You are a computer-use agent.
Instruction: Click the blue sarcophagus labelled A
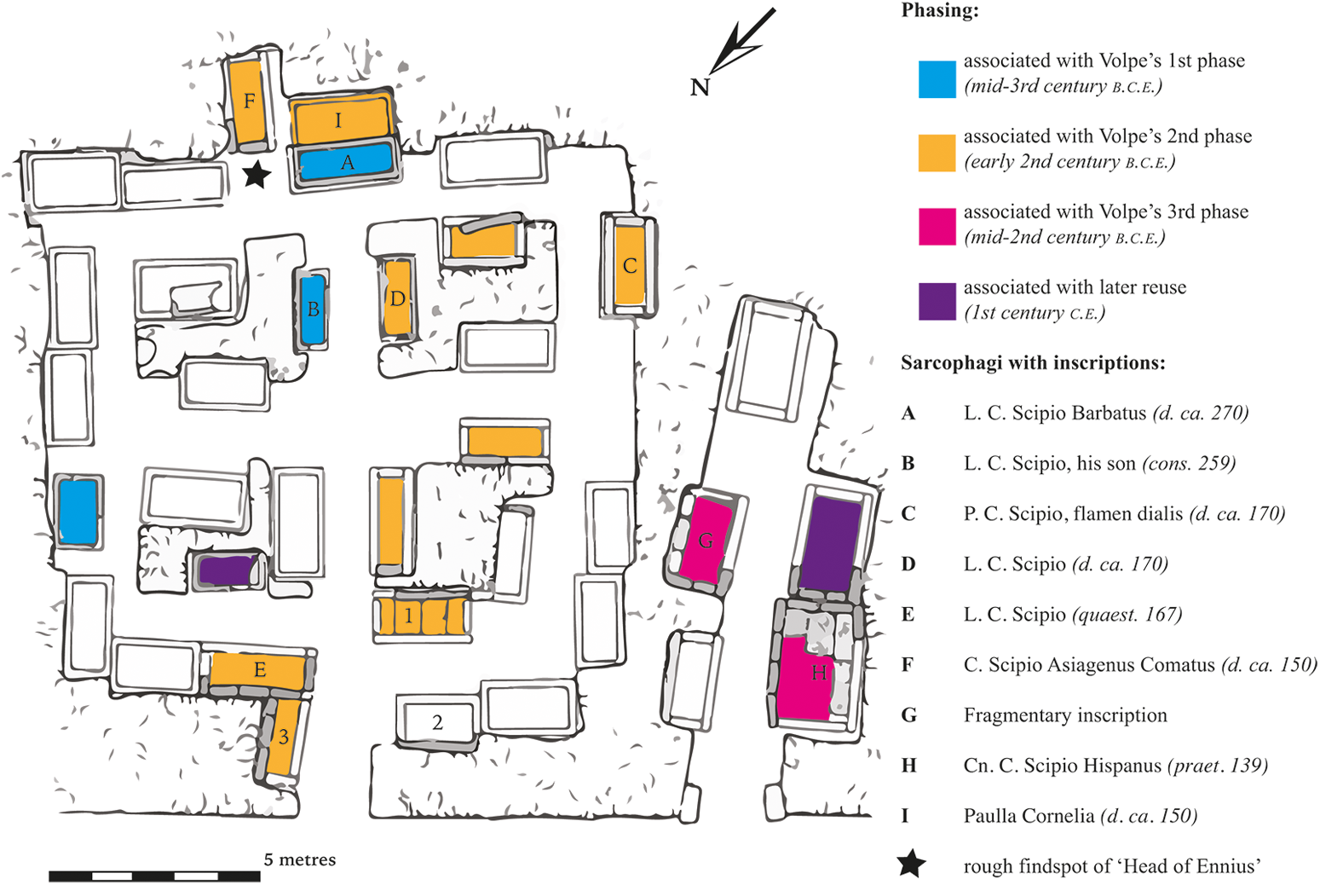click(x=345, y=162)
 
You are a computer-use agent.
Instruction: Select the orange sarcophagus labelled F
click(x=248, y=102)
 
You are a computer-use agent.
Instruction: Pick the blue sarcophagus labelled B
click(x=313, y=309)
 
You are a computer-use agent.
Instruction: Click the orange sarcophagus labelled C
click(x=629, y=264)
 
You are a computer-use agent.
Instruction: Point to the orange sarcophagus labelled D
click(x=397, y=298)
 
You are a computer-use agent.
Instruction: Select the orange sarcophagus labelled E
click(x=257, y=670)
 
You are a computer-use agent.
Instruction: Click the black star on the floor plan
click(x=257, y=176)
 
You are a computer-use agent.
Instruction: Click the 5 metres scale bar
click(x=154, y=876)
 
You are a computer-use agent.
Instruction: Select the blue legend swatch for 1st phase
click(x=937, y=79)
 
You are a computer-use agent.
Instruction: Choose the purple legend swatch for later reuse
click(x=937, y=301)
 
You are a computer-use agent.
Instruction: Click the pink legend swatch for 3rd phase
click(x=937, y=227)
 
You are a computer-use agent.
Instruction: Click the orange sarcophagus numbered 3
click(x=283, y=737)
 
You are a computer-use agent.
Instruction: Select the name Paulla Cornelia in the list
click(x=1029, y=816)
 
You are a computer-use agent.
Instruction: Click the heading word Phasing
click(x=939, y=11)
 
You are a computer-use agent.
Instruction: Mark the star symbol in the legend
click(x=911, y=864)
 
